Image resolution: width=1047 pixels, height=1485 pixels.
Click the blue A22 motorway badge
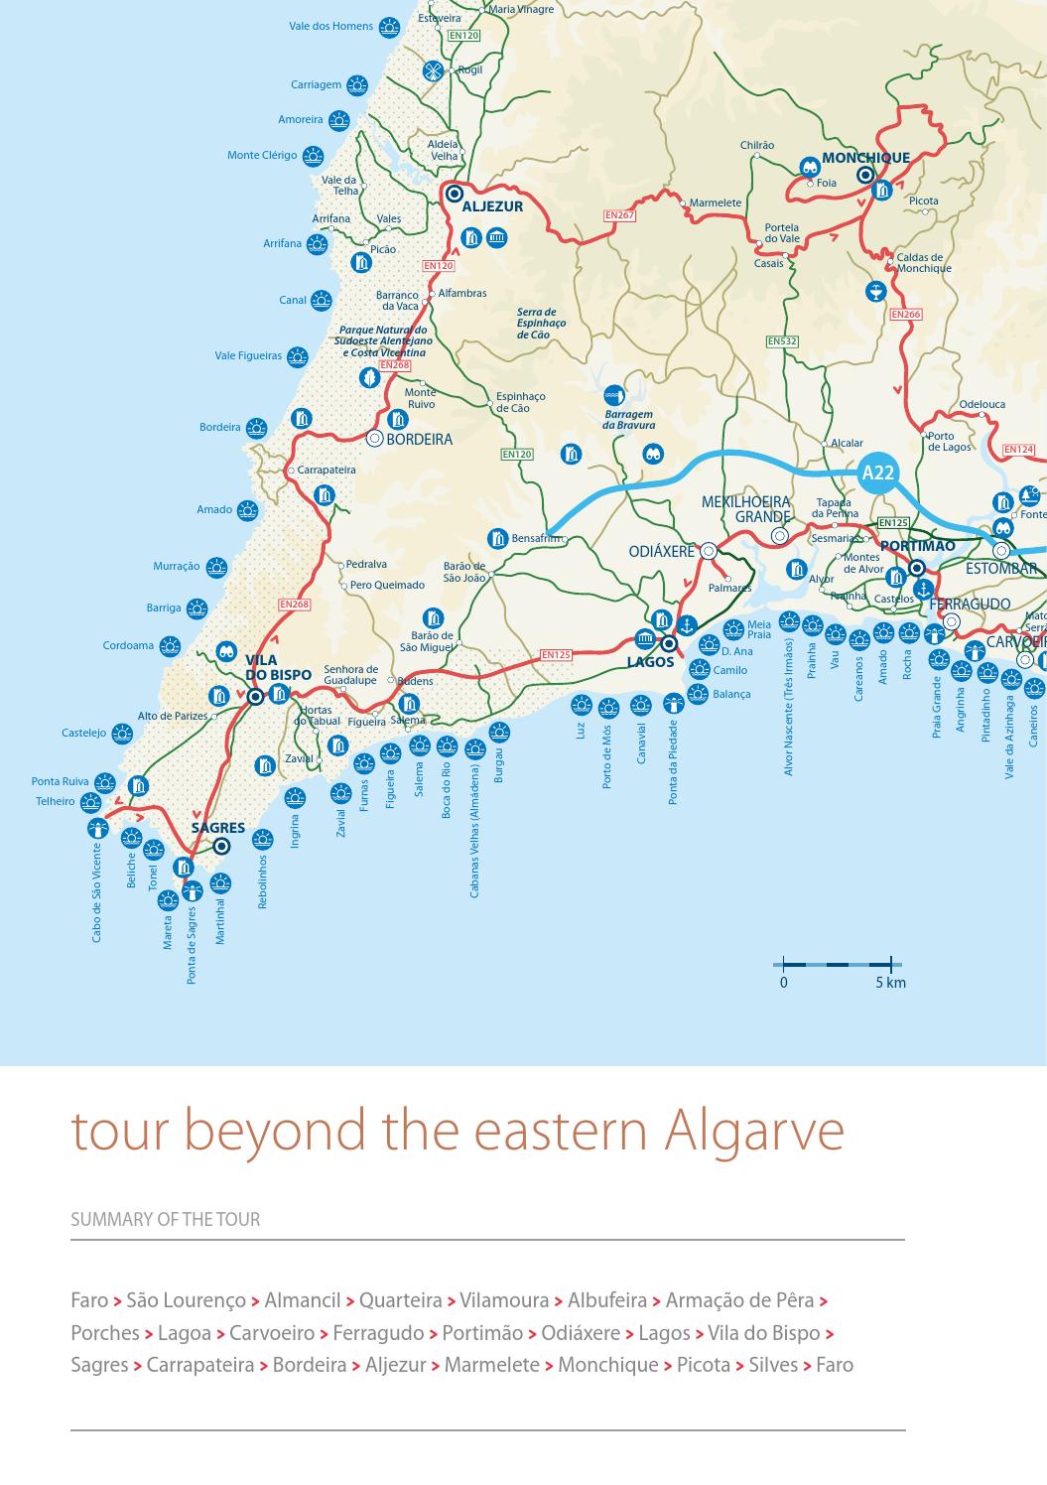click(878, 472)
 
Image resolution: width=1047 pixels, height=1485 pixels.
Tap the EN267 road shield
click(619, 214)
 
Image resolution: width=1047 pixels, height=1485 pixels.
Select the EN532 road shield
click(782, 341)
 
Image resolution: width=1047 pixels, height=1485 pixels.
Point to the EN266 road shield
click(906, 315)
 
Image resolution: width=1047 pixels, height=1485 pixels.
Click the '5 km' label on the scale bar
click(890, 983)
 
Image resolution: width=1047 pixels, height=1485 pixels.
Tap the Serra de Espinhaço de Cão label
click(541, 324)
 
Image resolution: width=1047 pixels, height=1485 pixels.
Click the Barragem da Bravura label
click(628, 420)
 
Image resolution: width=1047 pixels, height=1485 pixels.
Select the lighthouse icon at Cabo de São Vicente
click(97, 829)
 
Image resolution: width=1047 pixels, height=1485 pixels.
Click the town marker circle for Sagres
click(221, 846)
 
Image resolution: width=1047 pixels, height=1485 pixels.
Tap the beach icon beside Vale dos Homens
click(390, 26)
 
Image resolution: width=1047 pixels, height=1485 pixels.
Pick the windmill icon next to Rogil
click(432, 70)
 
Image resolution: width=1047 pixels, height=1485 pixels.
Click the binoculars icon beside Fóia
click(809, 166)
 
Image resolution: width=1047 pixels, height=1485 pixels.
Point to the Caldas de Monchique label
click(923, 263)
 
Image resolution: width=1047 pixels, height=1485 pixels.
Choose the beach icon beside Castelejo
click(122, 733)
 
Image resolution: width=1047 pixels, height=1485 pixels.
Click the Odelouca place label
click(982, 404)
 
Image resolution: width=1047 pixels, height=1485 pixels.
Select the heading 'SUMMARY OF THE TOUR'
click(165, 1220)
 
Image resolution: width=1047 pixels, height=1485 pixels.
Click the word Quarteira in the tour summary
click(400, 1300)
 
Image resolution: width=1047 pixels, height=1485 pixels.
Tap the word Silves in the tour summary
click(772, 1365)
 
